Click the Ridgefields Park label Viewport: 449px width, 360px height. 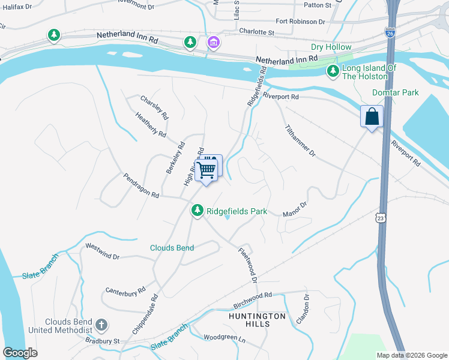[x=237, y=212]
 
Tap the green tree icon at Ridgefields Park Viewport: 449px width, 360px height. [x=197, y=211]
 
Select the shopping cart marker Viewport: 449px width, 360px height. [x=206, y=169]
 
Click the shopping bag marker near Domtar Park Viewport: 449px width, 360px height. [x=372, y=116]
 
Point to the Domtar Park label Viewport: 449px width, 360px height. [x=395, y=92]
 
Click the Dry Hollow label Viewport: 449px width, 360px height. [x=331, y=47]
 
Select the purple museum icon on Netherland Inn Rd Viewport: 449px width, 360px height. [x=213, y=42]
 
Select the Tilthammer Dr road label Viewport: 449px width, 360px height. [x=300, y=142]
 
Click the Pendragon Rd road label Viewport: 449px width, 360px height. [x=142, y=186]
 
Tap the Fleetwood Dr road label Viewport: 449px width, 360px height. [x=247, y=265]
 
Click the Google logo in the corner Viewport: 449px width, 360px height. [x=20, y=353]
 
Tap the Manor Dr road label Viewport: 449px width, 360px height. [x=295, y=208]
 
